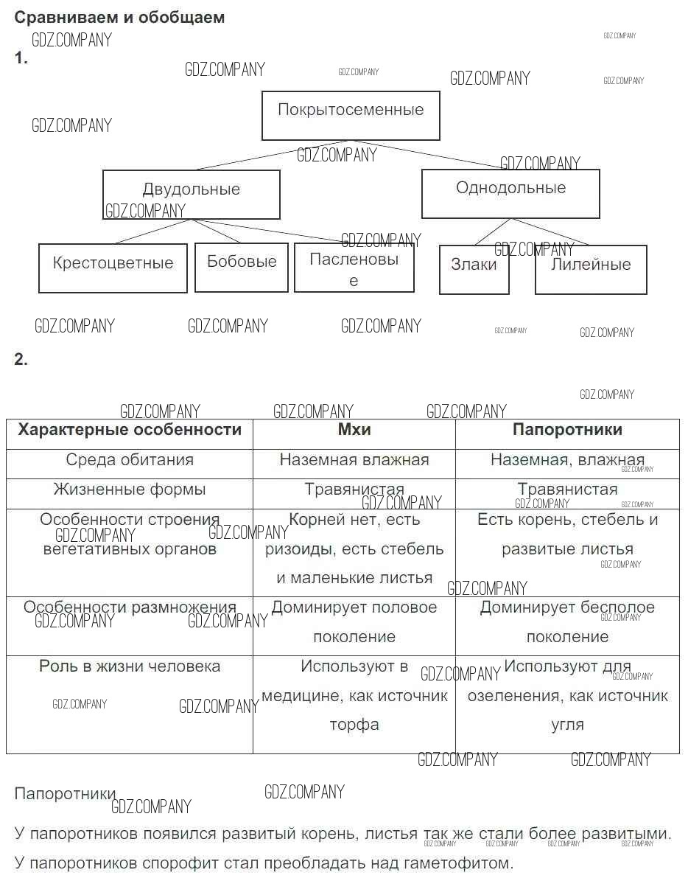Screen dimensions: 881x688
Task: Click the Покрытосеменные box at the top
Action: click(351, 116)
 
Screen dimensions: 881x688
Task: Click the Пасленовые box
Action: click(354, 268)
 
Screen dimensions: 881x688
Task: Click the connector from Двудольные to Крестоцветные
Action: click(151, 231)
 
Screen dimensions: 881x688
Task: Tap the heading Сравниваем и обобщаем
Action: click(119, 18)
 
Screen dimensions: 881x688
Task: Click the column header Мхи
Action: click(354, 430)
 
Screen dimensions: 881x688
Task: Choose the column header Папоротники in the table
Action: click(567, 430)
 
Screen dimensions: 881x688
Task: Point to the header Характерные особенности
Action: click(130, 430)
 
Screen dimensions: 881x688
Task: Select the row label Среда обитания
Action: click(130, 460)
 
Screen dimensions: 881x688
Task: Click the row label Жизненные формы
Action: click(130, 490)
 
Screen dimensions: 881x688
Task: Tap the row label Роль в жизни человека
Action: click(130, 666)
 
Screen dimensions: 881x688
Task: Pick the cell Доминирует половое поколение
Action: click(354, 622)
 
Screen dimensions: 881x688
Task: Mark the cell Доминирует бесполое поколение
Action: click(567, 622)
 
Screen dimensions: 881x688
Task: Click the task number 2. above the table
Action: click(21, 360)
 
